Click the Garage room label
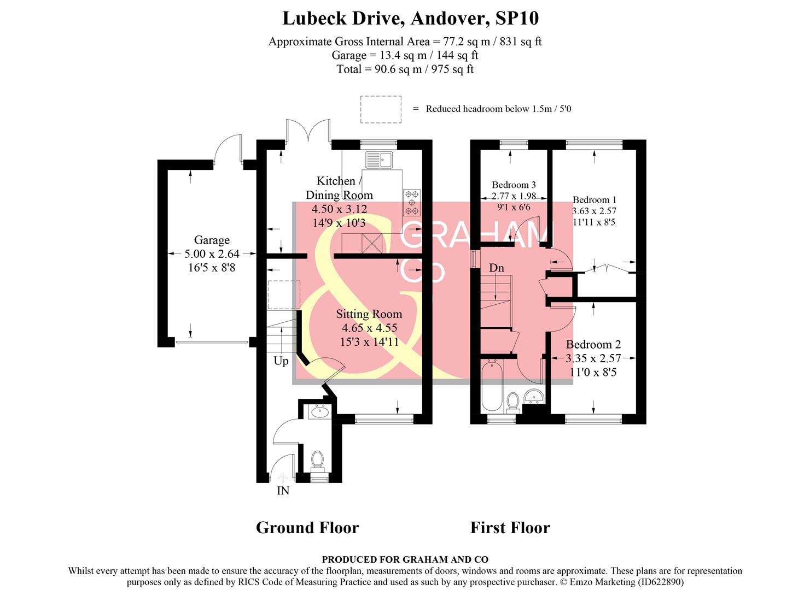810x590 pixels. pyautogui.click(x=212, y=240)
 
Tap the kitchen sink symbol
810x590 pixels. pyautogui.click(x=379, y=160)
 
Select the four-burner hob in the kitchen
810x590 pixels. pyautogui.click(x=412, y=202)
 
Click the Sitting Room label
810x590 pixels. pyautogui.click(x=369, y=314)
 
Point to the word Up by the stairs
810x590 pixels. pyautogui.click(x=281, y=361)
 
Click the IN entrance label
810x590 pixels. pyautogui.click(x=283, y=491)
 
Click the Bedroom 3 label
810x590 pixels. pyautogui.click(x=514, y=185)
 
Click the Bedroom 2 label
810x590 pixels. pyautogui.click(x=593, y=344)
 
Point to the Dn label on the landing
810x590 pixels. pyautogui.click(x=497, y=268)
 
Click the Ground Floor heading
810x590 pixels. pyautogui.click(x=307, y=528)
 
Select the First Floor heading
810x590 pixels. pyautogui.click(x=510, y=528)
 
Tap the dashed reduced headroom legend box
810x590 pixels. pyautogui.click(x=381, y=109)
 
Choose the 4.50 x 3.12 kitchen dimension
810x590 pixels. pyautogui.click(x=339, y=209)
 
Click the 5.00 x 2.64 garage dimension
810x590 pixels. pyautogui.click(x=212, y=254)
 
